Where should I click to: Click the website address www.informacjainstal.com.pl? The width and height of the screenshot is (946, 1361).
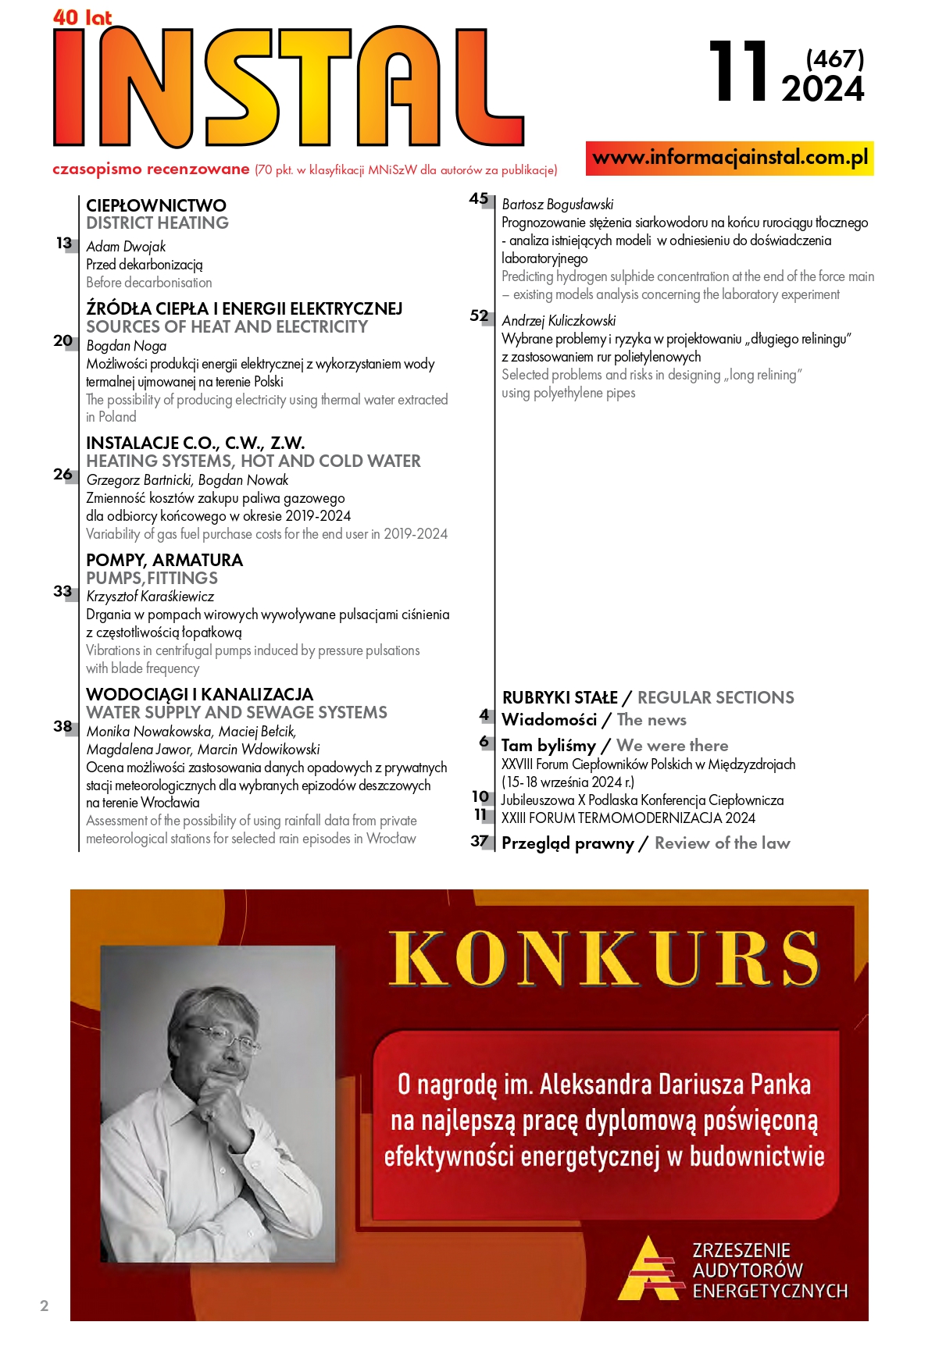tap(730, 158)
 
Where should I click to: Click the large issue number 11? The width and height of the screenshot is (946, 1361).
tap(738, 73)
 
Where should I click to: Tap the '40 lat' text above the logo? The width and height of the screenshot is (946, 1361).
tap(82, 17)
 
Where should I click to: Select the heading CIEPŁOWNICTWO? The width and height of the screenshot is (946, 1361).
tap(156, 205)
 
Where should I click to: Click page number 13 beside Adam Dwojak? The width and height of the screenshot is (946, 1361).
tap(64, 244)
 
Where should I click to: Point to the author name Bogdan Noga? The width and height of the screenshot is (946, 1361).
tap(127, 346)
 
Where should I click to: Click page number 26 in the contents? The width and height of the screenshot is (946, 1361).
tap(63, 474)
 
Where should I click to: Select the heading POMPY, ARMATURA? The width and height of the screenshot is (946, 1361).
tap(164, 560)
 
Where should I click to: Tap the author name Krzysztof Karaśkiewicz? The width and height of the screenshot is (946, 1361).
tap(150, 597)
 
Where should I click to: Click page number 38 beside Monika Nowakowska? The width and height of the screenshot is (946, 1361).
tap(63, 726)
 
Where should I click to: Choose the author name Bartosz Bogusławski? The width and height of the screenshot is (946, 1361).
tap(558, 205)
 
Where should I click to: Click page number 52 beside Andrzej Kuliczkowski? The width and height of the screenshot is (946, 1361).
tap(479, 316)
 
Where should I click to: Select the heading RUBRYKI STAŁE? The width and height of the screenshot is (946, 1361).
tap(559, 697)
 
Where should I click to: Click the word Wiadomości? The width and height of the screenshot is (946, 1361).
tap(549, 720)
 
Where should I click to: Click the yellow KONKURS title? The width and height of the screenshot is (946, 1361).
tap(604, 958)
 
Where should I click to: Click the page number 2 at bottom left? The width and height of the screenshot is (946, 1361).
tap(45, 1306)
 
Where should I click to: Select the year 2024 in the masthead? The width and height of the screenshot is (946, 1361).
tap(823, 90)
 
